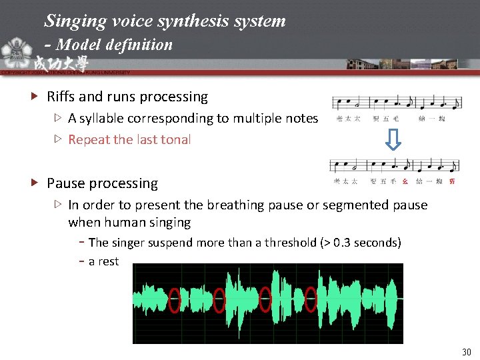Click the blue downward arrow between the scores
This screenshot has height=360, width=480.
coord(394,139)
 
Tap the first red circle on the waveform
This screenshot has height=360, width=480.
coord(175,300)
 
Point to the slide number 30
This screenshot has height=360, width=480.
coord(465,351)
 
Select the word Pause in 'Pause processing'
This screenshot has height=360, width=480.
coord(65,183)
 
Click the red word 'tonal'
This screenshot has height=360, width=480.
coord(175,140)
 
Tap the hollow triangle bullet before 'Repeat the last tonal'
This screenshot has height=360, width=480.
coord(59,140)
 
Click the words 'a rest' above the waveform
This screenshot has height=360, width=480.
coord(103,262)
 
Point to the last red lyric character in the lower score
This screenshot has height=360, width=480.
coord(453,181)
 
